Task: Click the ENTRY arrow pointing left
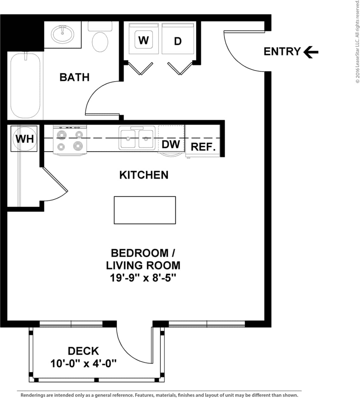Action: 311,52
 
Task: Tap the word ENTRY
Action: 282,51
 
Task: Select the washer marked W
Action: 144,40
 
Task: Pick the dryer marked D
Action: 178,41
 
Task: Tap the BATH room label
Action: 74,77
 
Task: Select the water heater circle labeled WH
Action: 25,139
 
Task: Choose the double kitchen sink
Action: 137,138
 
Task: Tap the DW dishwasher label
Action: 171,144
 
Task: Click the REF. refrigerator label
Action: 203,147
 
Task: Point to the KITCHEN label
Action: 144,175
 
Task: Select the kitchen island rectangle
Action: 145,210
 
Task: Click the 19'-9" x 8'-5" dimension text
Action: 143,278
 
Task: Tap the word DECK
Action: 83,351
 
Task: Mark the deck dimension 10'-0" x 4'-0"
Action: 83,363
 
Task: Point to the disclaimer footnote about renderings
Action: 159,395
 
